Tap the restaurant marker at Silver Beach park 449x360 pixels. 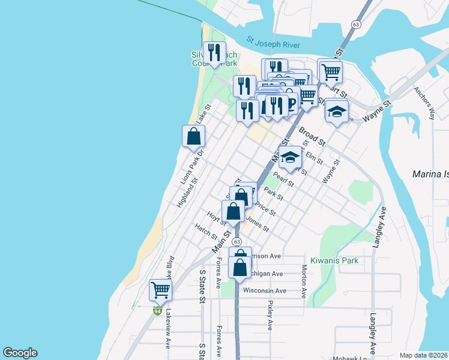click(214, 53)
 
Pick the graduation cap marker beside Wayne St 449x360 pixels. click(337, 111)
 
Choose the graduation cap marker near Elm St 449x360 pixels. click(290, 158)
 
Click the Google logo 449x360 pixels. click(20, 353)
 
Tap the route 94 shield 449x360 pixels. click(157, 311)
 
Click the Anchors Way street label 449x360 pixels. click(424, 103)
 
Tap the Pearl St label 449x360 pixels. click(283, 179)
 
